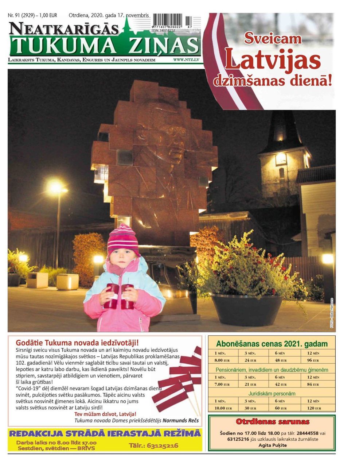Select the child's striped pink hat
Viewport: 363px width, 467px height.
coord(123,239)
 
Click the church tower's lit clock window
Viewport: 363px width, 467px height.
coord(281,159)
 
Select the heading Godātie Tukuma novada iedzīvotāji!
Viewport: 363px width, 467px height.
coord(77,343)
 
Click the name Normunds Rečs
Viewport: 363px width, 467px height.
coord(181,420)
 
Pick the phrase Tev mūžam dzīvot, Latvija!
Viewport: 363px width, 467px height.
coord(105,414)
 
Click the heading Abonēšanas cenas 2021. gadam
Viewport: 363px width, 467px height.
coord(272,344)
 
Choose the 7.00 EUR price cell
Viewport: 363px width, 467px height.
coord(222,384)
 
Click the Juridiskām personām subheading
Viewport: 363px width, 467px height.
coord(272,394)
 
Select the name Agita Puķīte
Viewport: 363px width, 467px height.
coord(273,445)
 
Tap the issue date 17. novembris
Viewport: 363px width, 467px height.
coord(132,15)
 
